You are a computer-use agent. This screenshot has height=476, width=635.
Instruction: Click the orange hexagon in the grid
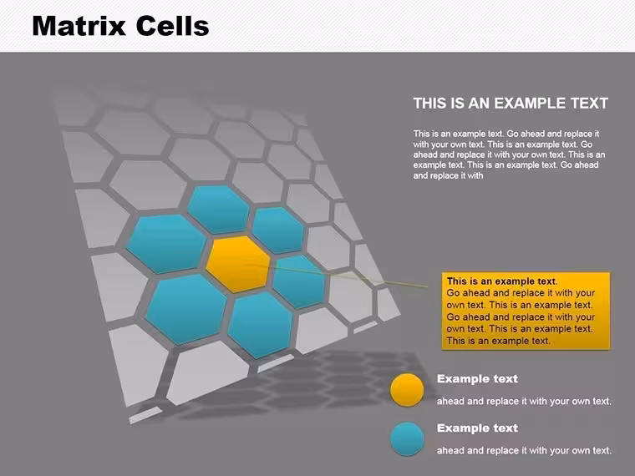point(238,264)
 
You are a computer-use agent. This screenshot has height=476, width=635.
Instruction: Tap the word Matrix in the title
point(79,26)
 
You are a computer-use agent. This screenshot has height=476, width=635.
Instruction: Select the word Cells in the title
point(172,26)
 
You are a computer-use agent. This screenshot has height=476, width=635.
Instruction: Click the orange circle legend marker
point(407,390)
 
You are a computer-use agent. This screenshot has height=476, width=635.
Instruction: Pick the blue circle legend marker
point(407,439)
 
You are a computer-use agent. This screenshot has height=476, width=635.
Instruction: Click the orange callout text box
point(526,311)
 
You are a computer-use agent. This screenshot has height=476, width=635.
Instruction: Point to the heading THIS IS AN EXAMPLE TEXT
point(511,104)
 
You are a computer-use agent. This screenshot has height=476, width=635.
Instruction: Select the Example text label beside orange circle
point(477,379)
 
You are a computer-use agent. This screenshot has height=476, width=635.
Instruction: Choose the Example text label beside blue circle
point(477,428)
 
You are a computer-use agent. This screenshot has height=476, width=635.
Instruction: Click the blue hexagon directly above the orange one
point(218,210)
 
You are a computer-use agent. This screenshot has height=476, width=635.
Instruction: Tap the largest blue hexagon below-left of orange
point(185,309)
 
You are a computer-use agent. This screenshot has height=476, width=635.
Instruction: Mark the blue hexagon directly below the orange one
point(260,325)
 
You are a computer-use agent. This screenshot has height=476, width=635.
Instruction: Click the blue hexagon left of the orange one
point(166,244)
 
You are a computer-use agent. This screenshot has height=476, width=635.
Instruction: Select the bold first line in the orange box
point(502,281)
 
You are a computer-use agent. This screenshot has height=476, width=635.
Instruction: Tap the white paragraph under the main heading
point(509,154)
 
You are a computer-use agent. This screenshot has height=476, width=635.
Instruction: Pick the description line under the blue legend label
point(524,450)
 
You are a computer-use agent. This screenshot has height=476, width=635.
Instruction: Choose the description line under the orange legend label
point(524,401)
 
